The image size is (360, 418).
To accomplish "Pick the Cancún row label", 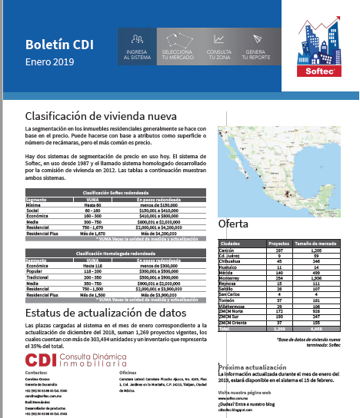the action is coord(227,250).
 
